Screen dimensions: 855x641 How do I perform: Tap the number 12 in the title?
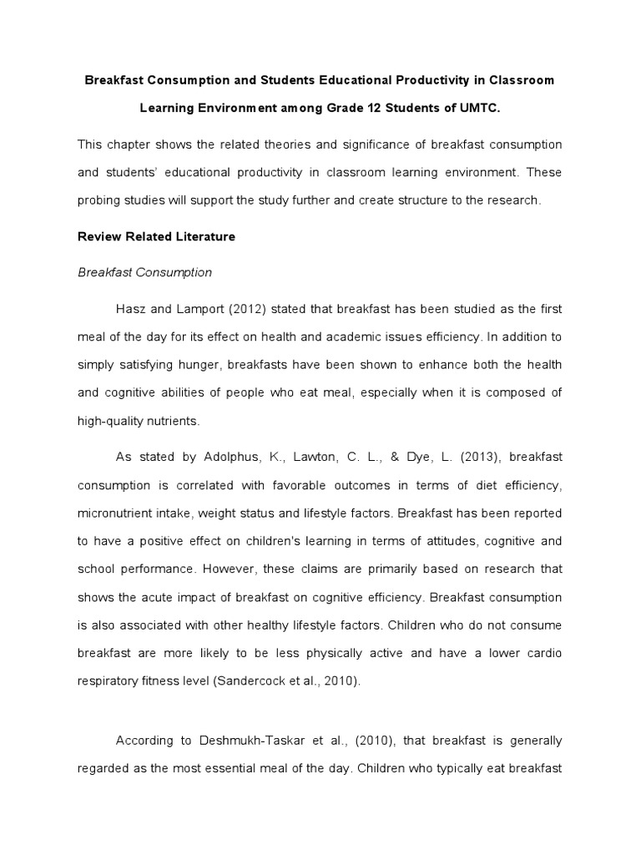[365, 109]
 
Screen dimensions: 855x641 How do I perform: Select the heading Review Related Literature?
[156, 236]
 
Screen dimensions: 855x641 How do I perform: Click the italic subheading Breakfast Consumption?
[144, 272]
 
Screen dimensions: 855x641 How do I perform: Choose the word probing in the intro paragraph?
[99, 200]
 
